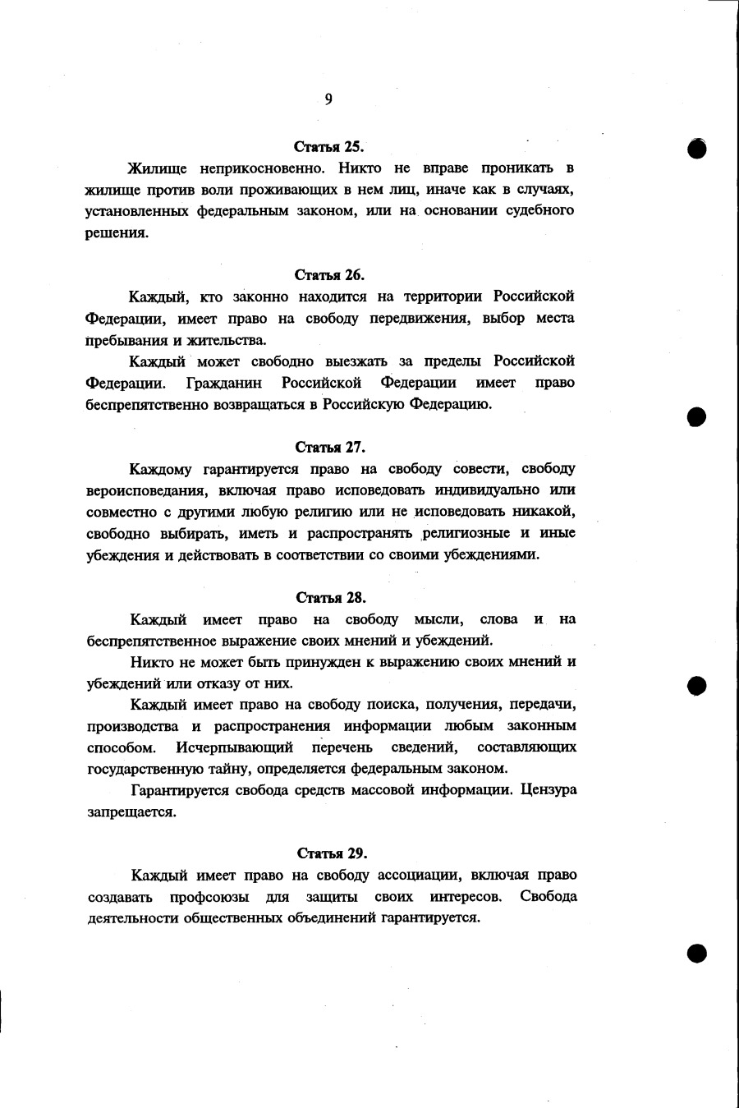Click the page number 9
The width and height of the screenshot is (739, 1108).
click(328, 99)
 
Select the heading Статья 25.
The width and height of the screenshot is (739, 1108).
click(328, 147)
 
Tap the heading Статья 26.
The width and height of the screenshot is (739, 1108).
click(329, 275)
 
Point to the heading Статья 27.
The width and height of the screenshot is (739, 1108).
click(330, 448)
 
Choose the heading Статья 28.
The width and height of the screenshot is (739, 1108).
click(331, 598)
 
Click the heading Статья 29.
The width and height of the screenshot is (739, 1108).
click(332, 853)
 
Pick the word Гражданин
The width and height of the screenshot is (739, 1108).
click(224, 383)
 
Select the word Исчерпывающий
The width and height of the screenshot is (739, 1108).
click(234, 747)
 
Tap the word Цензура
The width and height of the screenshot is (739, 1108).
click(549, 790)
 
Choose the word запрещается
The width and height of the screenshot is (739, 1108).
click(131, 812)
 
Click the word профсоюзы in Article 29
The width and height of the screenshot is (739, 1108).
click(209, 897)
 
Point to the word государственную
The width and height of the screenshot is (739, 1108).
click(145, 770)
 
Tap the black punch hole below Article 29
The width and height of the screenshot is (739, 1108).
click(697, 953)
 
